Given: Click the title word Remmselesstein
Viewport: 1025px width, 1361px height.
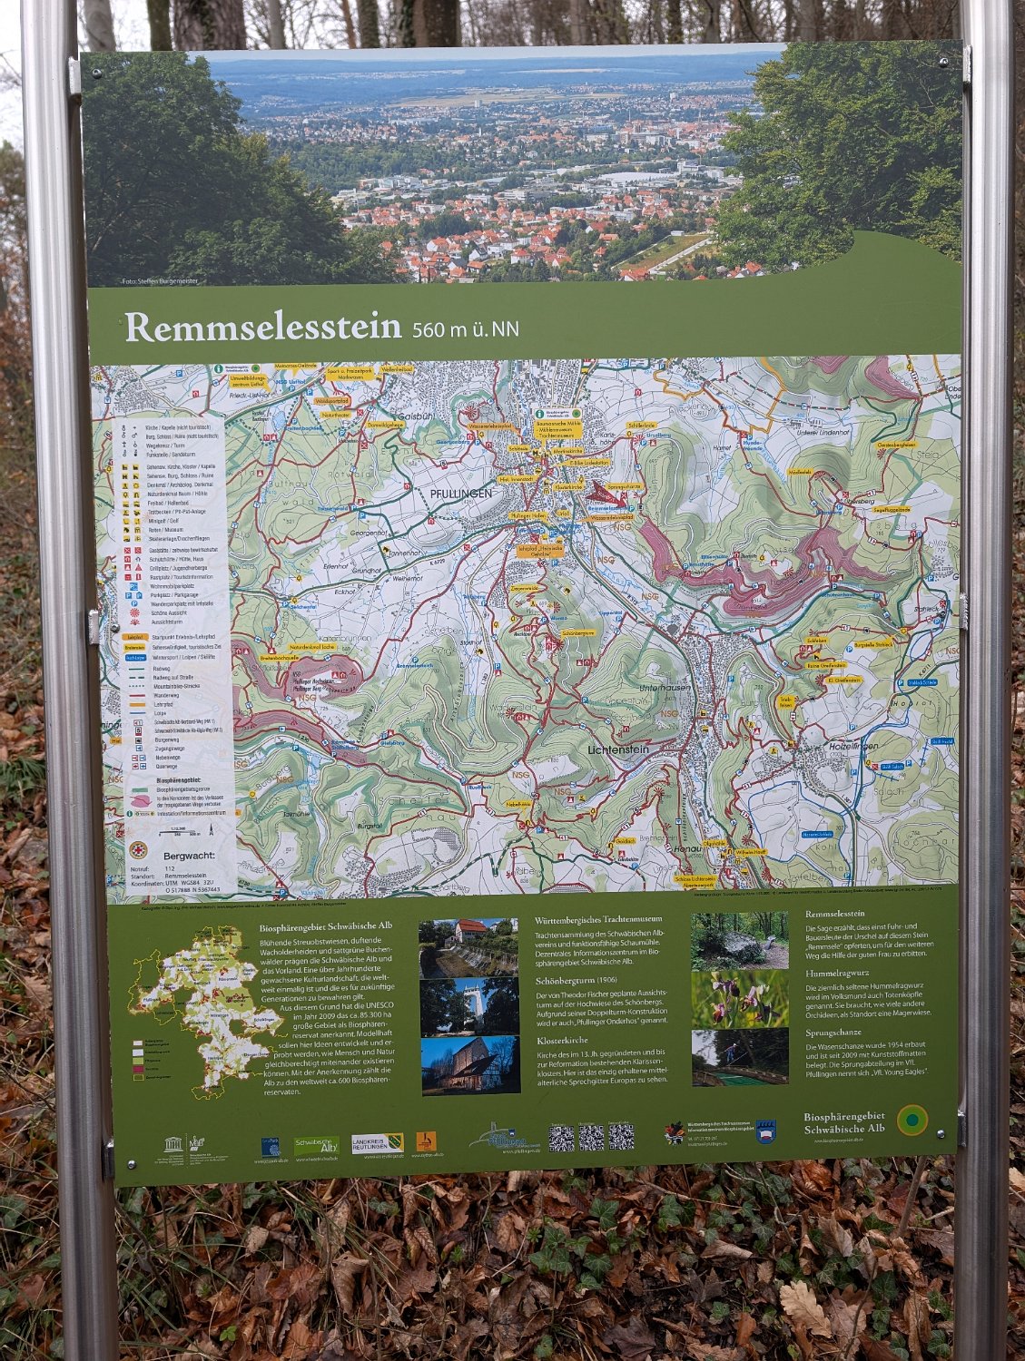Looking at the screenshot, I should click(262, 327).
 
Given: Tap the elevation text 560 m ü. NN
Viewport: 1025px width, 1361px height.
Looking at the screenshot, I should click(466, 329).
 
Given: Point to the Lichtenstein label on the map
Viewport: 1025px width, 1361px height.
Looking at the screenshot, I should click(617, 749).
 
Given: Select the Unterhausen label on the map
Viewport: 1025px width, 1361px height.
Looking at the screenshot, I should click(665, 688).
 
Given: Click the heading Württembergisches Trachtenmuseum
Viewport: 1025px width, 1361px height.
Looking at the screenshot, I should click(598, 919).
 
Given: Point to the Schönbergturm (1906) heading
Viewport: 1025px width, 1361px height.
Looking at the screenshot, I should click(576, 980).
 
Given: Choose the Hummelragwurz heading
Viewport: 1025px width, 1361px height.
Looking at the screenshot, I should click(837, 973).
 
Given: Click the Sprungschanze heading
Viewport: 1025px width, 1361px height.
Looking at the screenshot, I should click(833, 1033).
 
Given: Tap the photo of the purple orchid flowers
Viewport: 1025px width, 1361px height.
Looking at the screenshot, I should click(739, 999).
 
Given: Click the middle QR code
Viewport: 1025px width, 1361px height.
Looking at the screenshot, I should click(591, 1137).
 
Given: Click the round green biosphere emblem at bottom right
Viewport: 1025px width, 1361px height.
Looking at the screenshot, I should click(912, 1121).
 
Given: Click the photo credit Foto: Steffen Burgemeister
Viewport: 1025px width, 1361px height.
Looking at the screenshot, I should click(160, 281).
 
